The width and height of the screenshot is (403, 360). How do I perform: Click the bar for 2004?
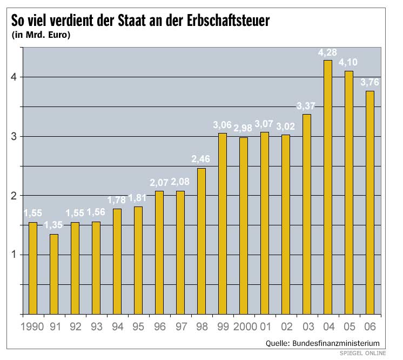tap(327, 187)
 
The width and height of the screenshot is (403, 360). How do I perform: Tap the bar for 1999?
tap(222, 223)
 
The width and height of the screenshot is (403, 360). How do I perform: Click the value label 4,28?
tap(328, 52)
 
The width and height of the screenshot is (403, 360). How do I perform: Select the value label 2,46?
tap(201, 159)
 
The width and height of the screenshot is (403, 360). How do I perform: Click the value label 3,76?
tap(370, 83)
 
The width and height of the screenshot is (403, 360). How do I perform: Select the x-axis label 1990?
tap(33, 327)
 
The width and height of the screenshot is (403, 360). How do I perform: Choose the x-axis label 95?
tap(138, 327)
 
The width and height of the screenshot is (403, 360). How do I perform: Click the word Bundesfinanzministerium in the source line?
tap(335, 343)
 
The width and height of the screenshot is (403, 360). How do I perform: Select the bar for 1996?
tap(159, 252)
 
